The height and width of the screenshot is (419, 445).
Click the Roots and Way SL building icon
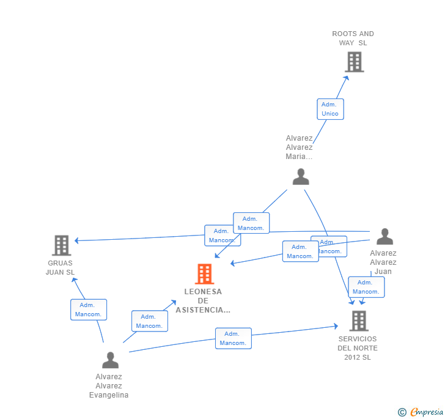354,62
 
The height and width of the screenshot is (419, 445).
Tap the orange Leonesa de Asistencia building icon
204,274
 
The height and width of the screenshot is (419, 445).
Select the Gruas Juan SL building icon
62,245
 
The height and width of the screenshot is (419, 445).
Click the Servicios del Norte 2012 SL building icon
359,321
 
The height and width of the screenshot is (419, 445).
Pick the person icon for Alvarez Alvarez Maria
301,177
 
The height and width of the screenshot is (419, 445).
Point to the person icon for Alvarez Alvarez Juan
384,237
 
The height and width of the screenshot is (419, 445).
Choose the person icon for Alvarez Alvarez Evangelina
110,360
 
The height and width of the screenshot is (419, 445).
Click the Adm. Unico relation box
330,109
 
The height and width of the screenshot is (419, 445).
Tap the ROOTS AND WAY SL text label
353,38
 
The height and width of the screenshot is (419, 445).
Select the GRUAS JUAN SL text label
60,267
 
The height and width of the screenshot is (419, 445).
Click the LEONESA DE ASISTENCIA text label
203,301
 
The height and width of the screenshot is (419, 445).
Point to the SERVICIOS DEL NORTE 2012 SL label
358,348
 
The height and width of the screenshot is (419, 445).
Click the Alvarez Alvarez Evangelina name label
109,386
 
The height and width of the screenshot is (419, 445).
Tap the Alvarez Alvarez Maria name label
300,147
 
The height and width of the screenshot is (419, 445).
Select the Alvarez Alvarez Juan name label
383,262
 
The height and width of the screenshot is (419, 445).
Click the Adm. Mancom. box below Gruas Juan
89,310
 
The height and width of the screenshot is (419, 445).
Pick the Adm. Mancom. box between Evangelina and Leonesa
150,321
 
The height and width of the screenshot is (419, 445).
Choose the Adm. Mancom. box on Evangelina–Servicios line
233,338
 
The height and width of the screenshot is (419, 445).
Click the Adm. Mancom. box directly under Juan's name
366,287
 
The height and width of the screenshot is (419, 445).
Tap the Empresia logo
421,412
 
